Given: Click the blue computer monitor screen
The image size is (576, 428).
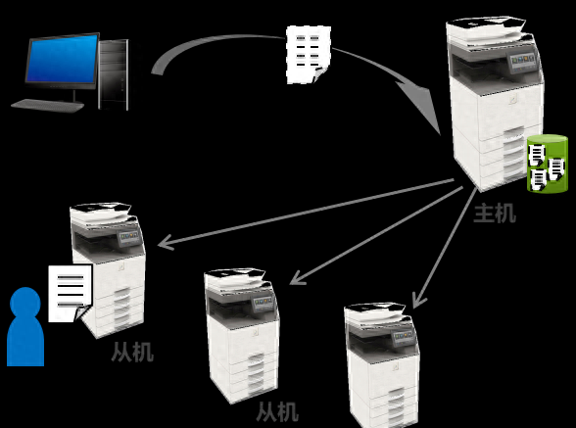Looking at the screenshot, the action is coord(63,59).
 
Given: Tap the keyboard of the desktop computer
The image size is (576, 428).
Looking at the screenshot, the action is coord(48,106).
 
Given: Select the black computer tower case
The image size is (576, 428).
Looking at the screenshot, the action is coord(114,75).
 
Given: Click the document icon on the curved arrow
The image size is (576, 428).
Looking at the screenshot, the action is coord(309,55).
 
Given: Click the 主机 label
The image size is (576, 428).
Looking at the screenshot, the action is coord(495,214).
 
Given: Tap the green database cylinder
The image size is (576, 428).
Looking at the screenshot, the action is coord(548,164).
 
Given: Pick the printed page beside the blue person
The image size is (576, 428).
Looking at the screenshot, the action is coord(71,294).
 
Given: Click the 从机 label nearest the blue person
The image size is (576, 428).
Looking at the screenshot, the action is coord(132,352).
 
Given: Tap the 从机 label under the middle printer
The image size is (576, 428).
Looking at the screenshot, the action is coord(277,411).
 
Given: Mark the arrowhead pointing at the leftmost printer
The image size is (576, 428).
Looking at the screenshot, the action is coord(167,243).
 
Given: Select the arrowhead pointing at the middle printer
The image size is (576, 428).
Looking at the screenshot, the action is coord(298,278).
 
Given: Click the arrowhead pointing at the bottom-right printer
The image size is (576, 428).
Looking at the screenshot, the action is coord(419,301).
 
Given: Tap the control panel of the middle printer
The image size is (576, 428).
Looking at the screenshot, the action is coord(263,304).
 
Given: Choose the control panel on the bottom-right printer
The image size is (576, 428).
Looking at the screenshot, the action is coord(404,337).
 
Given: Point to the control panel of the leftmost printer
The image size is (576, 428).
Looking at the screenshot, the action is coord(129,237).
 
